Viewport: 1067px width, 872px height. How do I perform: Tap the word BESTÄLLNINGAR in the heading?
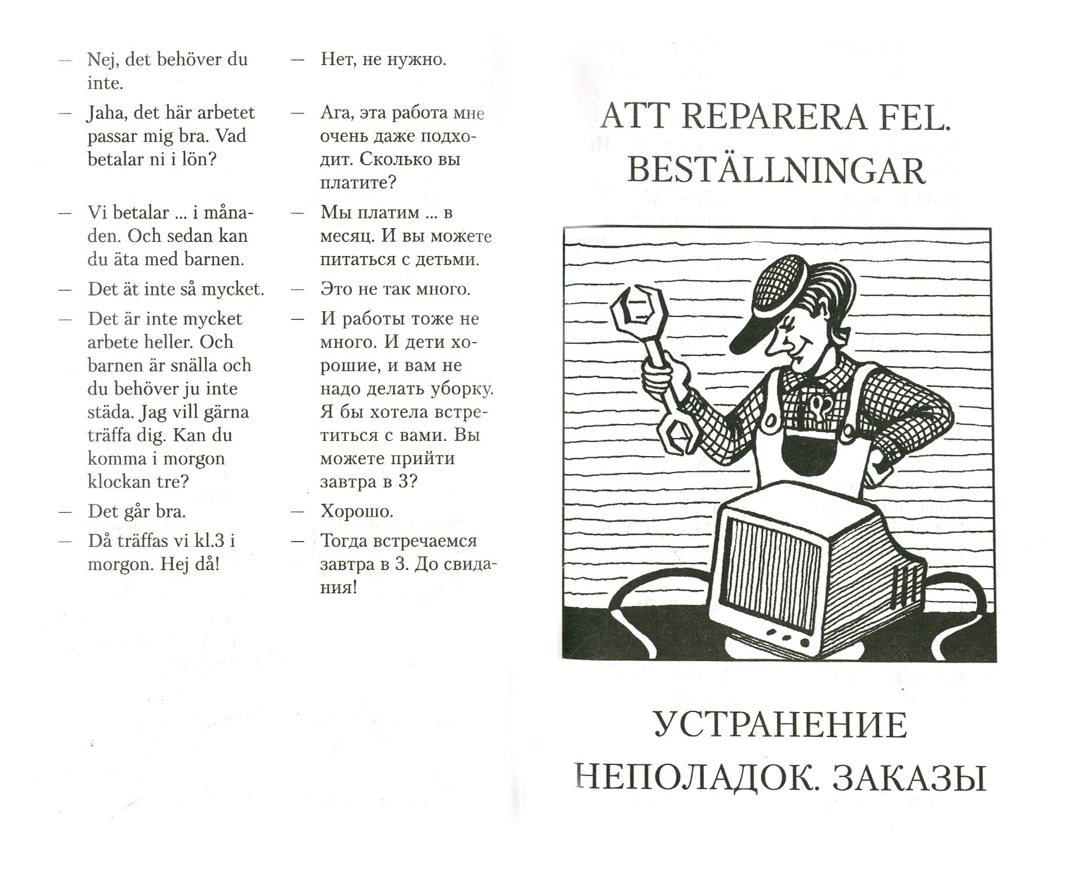pos(777,171)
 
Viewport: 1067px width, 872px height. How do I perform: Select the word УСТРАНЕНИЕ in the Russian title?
pos(780,725)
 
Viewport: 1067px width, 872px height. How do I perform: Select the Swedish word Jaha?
pos(107,113)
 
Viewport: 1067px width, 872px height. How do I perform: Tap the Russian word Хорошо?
pos(357,511)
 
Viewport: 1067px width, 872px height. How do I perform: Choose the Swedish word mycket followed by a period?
pos(235,289)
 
